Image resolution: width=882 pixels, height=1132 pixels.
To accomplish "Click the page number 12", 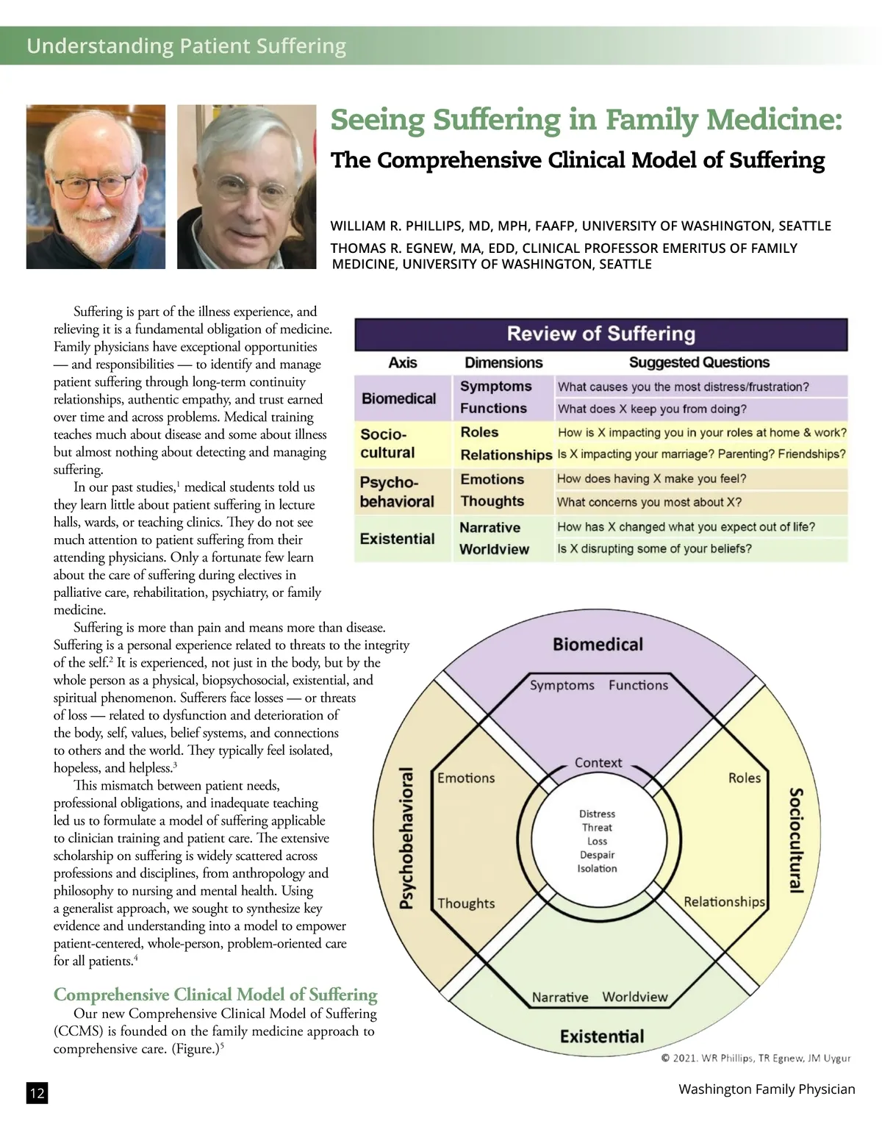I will [x=37, y=1093].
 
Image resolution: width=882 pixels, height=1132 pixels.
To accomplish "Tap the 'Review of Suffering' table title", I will [x=600, y=334].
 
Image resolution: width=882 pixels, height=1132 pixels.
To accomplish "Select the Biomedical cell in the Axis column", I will [x=398, y=398].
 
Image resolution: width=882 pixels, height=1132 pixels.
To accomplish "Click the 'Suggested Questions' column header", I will [x=699, y=362].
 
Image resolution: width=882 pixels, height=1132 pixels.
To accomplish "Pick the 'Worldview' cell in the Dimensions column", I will [x=494, y=549].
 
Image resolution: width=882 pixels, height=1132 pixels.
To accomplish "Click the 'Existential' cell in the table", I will [x=397, y=539].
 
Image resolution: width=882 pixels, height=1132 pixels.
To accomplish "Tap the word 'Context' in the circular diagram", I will [x=598, y=763].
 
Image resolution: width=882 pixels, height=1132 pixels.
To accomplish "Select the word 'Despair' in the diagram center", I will [x=597, y=855].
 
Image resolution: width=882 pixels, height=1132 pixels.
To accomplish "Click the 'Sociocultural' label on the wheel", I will [x=795, y=839].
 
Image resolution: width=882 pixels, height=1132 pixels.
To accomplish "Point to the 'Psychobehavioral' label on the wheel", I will [x=406, y=838].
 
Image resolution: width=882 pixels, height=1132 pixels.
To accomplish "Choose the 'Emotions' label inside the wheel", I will [x=466, y=778].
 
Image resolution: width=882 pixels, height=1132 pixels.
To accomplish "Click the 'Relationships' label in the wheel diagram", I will [x=724, y=902].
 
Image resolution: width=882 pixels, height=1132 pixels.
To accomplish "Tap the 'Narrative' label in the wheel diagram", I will [x=560, y=997].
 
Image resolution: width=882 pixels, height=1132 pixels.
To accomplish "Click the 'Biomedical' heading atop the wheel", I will [x=598, y=645].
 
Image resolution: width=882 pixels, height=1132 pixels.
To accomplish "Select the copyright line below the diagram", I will [x=756, y=1058].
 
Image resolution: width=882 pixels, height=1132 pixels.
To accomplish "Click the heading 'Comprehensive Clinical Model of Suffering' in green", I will [x=215, y=995].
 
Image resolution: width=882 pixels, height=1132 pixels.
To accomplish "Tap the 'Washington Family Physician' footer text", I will [x=767, y=1089].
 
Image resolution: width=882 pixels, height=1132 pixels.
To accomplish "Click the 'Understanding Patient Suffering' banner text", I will [x=186, y=46].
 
